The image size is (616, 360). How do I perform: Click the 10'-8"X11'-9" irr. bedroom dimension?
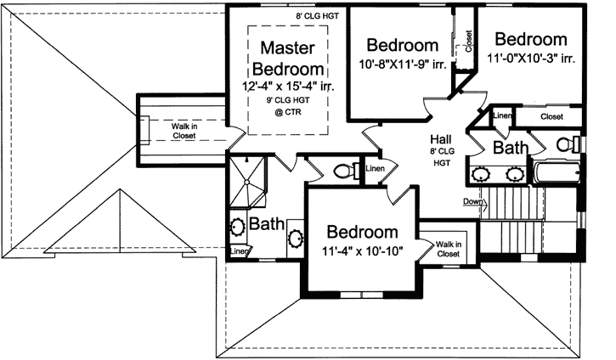pos(401,65)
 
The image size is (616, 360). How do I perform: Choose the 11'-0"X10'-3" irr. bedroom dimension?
pos(531,59)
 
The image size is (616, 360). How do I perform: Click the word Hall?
pos(440,138)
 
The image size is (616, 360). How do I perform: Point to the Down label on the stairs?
pos(473,201)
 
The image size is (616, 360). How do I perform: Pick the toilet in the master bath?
pos(345,171)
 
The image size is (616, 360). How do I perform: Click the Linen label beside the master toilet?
pos(376,169)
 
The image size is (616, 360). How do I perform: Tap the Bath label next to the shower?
pos(266,225)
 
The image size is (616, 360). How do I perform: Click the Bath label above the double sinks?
pos(511,148)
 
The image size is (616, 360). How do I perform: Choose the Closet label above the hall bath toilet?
pos(551,116)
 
